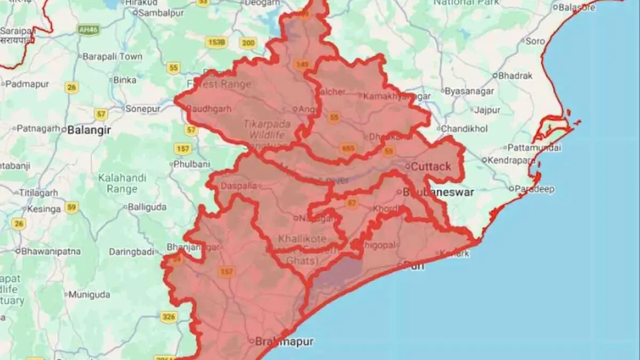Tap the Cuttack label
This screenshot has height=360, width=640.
coord(430,166)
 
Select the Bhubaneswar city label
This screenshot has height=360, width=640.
coord(437,192)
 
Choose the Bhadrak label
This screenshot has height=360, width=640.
coord(515,76)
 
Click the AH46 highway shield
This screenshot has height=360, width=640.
coord(87,30)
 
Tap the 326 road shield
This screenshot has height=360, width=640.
coord(169,317)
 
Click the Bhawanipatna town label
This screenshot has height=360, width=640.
coord(51,251)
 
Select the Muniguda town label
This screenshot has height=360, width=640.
coord(89,294)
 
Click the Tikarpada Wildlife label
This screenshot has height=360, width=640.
coord(267,129)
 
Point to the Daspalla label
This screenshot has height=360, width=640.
coord(242,186)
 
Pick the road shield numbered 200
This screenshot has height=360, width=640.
coord(248,43)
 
